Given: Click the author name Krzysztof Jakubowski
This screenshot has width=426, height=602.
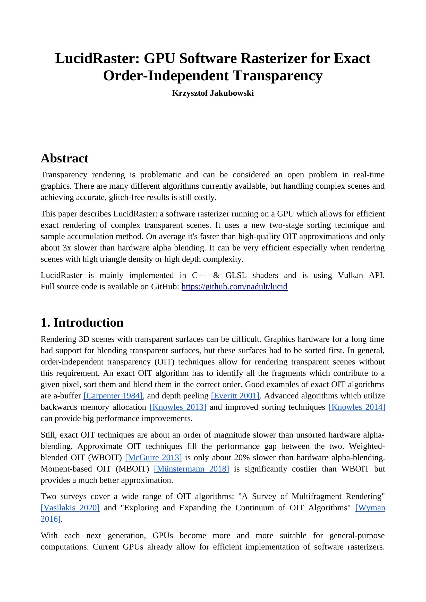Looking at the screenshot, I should (x=213, y=93).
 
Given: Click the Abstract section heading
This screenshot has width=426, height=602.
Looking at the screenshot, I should (x=65, y=158).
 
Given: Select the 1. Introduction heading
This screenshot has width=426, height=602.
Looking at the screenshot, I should (x=82, y=322).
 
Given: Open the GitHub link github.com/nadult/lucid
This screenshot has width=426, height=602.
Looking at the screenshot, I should (x=234, y=286).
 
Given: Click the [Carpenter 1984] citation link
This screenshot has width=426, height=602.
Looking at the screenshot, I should (x=113, y=396).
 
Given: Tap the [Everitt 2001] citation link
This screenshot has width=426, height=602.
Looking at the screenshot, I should (x=235, y=396).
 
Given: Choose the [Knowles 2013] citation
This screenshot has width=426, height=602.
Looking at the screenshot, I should (x=178, y=407).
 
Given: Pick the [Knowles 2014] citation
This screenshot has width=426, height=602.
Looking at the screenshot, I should (x=357, y=407).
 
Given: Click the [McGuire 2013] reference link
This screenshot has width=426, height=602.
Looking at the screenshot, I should (x=154, y=458).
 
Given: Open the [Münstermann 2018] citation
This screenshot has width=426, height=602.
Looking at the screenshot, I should (x=191, y=469).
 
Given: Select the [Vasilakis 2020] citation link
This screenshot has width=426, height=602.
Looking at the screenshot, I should (x=70, y=508).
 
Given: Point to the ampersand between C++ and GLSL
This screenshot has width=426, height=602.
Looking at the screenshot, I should (x=216, y=275).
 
